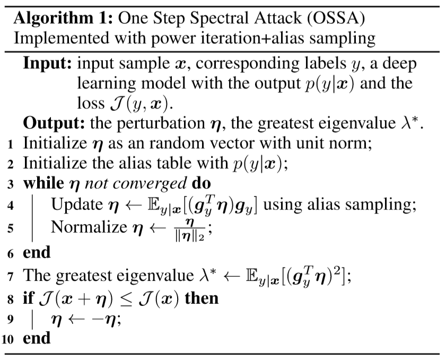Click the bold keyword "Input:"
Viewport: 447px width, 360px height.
[x=47, y=64]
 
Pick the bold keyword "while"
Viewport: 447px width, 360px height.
[x=43, y=184]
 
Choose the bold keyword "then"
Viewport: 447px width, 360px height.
[x=201, y=298]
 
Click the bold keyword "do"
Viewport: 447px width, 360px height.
[x=201, y=184]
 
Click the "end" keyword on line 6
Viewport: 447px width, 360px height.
[x=37, y=252]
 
